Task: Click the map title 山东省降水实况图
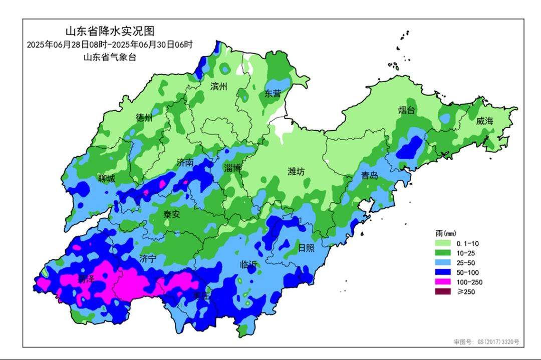coord(110,32)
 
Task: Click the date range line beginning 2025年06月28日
coord(110,44)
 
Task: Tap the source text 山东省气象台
coord(110,57)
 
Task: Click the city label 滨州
coord(219,86)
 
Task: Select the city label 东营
coord(273,93)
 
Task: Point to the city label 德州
coord(144,117)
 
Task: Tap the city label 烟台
coord(407,110)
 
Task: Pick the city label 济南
coord(185,163)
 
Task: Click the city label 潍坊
coord(296,171)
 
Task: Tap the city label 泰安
coord(172,214)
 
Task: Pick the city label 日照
coord(306,247)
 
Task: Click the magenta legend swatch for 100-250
coord(444,282)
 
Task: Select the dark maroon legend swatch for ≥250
coord(444,291)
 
